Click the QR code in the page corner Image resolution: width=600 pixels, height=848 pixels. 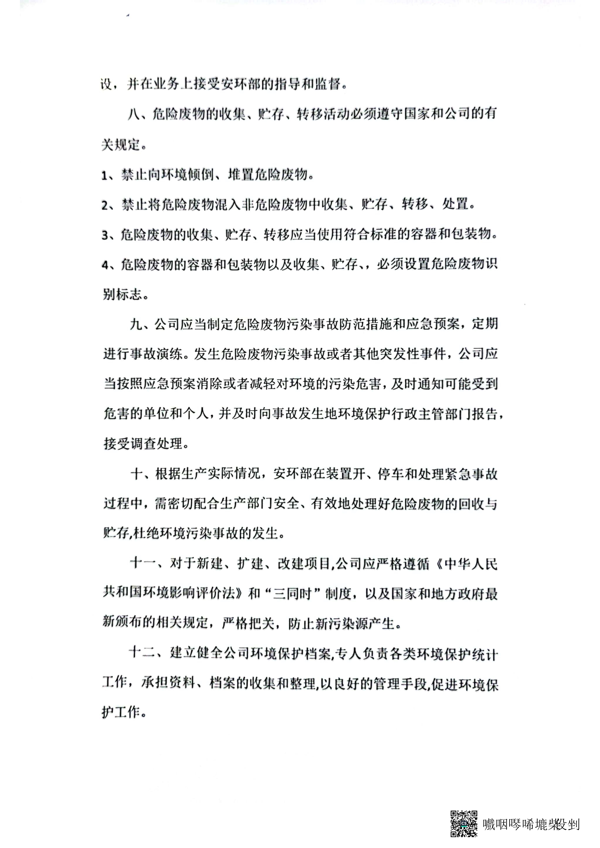[463, 823]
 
